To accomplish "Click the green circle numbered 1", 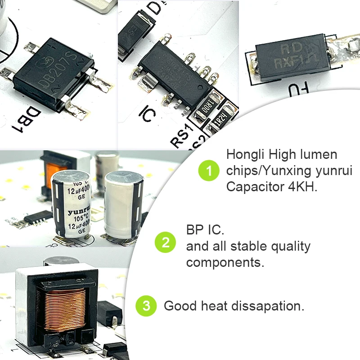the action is click(x=208, y=171).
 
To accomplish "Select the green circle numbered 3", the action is click(x=146, y=306).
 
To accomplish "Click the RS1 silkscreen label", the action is click(x=182, y=135).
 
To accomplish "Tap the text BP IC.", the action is click(x=205, y=230).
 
